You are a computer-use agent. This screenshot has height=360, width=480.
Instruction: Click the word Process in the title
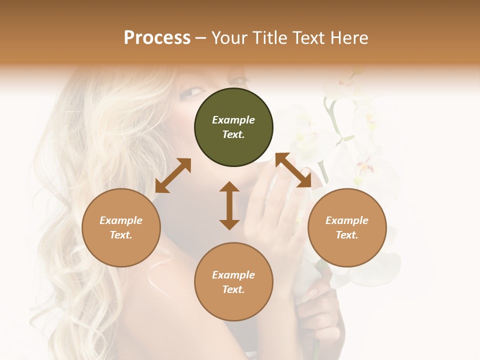157,38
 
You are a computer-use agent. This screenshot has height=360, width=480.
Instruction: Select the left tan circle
121,227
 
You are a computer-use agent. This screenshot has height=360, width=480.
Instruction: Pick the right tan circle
347,227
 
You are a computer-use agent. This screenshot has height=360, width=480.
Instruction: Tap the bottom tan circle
233,282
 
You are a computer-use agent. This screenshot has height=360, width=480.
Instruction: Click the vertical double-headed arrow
229,205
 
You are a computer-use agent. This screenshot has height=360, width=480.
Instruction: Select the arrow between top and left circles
173,175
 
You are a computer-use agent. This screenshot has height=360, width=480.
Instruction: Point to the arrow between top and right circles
293,170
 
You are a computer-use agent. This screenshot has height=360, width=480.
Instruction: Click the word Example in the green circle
233,120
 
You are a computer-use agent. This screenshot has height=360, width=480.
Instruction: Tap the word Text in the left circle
120,235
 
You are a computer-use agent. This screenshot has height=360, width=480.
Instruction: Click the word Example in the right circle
347,220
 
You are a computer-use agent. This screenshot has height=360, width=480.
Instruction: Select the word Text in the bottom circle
233,289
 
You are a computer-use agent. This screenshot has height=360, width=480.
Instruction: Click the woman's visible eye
193,91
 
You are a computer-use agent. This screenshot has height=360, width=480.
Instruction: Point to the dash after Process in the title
201,38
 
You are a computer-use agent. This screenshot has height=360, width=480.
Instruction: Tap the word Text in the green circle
233,134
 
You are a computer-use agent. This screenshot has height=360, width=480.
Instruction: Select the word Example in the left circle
121,220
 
